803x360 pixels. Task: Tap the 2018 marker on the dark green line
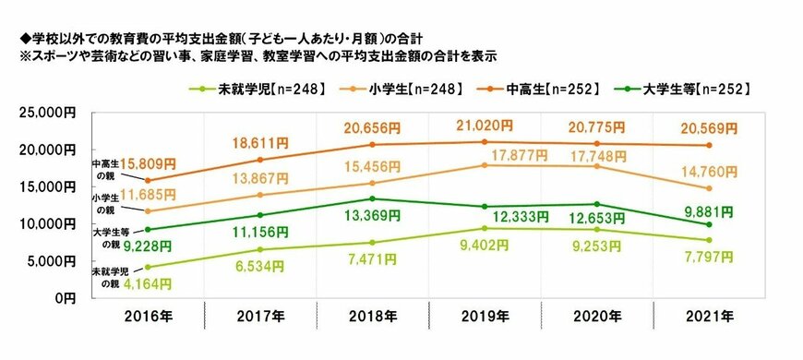point(372,198)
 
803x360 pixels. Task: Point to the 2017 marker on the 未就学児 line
point(259,249)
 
